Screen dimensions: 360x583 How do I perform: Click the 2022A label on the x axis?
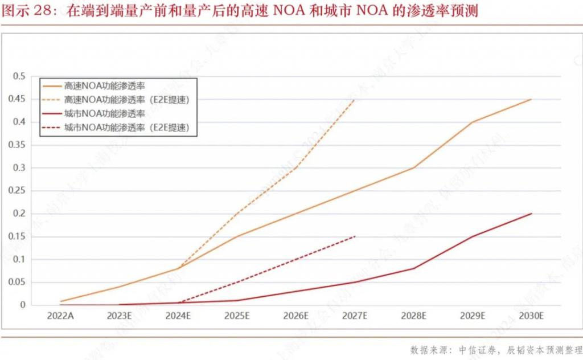(x=60, y=316)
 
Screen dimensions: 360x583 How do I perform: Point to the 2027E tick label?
(x=354, y=316)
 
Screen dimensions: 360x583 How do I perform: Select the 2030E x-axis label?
(x=531, y=316)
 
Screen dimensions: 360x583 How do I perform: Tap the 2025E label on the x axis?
(x=236, y=316)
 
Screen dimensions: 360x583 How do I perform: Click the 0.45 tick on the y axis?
(x=20, y=99)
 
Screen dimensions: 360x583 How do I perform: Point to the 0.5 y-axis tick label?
(x=22, y=76)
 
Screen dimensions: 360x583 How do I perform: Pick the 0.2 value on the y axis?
(x=22, y=214)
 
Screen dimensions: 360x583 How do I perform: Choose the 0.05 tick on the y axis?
(x=20, y=282)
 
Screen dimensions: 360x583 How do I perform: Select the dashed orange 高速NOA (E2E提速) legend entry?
(x=126, y=100)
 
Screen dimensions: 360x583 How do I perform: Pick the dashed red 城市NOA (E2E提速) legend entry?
(x=126, y=127)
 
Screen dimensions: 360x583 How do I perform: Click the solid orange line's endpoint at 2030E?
(x=531, y=99)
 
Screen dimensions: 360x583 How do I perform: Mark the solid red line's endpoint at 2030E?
(x=531, y=214)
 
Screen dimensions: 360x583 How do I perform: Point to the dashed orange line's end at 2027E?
(x=354, y=100)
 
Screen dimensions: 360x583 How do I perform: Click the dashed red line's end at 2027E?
(x=354, y=236)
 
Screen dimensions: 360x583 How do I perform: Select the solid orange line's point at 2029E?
(x=472, y=122)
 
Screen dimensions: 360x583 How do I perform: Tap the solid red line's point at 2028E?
(x=413, y=268)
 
